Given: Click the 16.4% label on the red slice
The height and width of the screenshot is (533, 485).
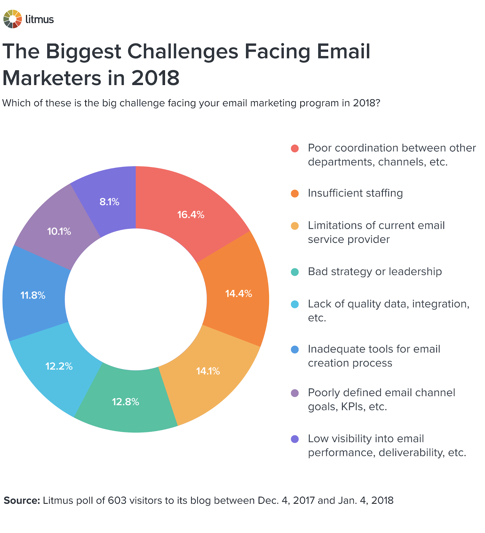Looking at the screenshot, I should point(191,215).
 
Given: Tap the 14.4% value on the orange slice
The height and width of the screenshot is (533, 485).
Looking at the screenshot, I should point(238,293).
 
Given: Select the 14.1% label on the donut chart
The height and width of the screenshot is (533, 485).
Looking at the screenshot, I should point(208,371).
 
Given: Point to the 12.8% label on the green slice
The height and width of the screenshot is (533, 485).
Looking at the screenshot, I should point(125,402).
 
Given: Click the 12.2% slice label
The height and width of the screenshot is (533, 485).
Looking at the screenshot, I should point(59,366).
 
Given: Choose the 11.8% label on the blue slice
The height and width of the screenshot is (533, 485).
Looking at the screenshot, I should point(33,295).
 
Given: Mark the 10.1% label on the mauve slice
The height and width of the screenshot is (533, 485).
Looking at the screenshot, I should point(59,231).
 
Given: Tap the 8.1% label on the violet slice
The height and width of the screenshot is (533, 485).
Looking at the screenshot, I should point(109,202).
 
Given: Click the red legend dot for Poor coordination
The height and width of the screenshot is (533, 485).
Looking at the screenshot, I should point(295,148).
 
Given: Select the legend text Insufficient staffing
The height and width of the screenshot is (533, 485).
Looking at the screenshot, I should point(355,193).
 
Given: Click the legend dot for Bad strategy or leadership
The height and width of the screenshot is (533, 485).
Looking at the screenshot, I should point(295,272).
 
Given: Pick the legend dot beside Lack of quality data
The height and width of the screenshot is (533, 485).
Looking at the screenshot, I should point(295,304).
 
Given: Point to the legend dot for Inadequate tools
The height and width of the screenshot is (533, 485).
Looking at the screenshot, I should point(295,349).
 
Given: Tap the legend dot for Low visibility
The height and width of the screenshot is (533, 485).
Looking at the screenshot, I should point(295,439).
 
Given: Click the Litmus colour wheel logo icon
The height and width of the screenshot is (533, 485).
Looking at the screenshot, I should point(12,19).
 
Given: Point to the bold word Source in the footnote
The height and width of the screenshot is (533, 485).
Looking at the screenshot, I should point(22,501).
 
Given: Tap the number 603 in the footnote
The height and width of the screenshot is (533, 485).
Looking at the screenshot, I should point(117,501).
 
